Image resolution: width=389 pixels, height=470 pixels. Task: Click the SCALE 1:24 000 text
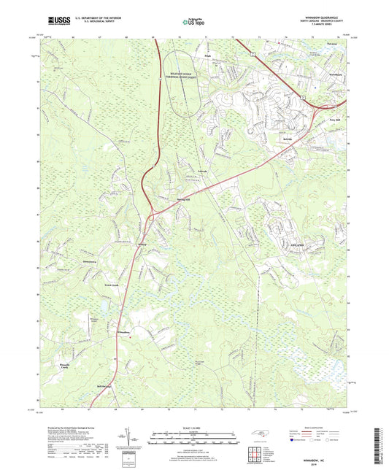click(194, 428)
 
